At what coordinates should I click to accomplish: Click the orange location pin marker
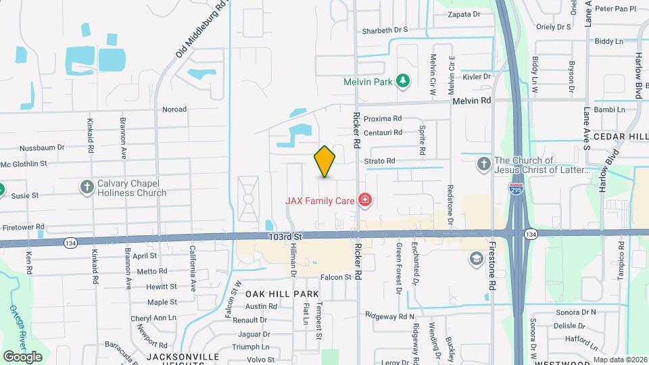point(324,162)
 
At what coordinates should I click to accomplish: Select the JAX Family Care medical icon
point(365,199)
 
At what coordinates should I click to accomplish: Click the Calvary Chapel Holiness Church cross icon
point(87,187)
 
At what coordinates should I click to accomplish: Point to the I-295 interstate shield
point(516,190)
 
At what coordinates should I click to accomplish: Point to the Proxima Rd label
point(383,118)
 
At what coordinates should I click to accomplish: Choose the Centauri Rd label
point(383,132)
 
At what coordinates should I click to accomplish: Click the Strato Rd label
point(379,161)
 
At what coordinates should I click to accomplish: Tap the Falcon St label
point(336,276)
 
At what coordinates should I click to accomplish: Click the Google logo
point(22,356)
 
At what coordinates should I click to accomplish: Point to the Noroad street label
point(174,109)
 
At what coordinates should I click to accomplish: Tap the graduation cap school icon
point(476,258)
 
